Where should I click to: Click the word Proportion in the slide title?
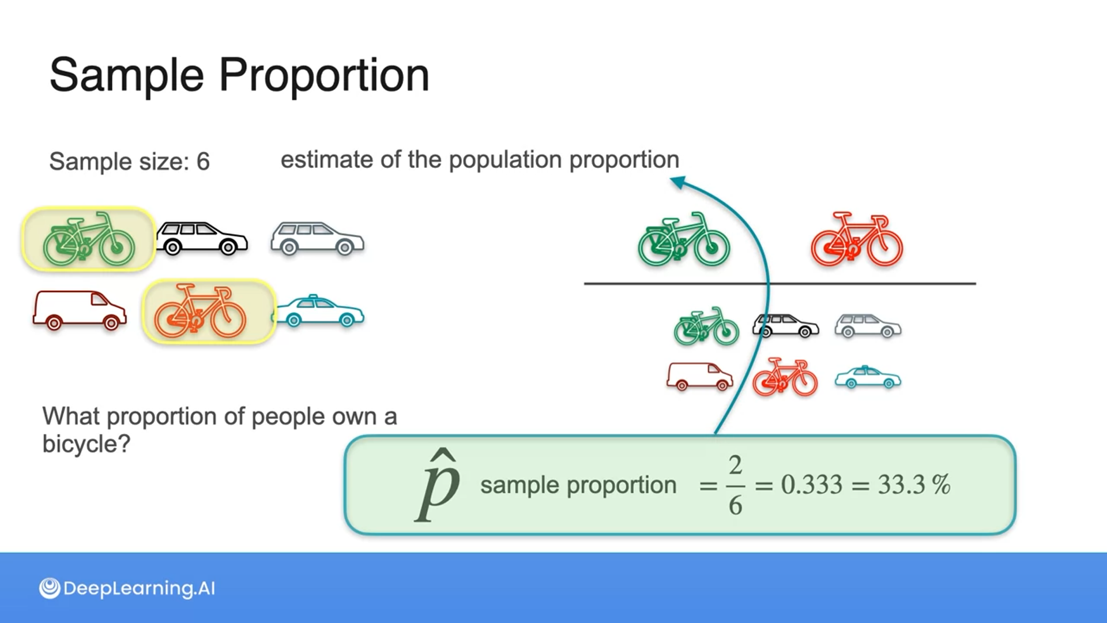pos(324,76)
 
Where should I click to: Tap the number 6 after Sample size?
pos(203,162)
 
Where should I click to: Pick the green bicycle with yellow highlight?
pos(89,239)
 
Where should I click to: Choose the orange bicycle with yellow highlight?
pos(201,311)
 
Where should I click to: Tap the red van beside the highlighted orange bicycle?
pos(80,310)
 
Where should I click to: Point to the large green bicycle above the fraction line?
pos(684,239)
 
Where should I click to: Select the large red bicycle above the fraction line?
pos(857,239)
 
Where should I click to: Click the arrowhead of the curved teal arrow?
pos(678,183)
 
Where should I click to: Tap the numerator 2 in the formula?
pos(735,465)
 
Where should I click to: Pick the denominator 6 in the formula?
pos(735,505)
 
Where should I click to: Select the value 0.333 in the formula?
pos(812,485)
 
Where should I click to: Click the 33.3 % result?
pos(914,485)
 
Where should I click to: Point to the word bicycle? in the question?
pos(86,444)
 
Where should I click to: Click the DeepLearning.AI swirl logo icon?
pos(50,588)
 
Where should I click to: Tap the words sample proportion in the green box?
pos(578,485)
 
